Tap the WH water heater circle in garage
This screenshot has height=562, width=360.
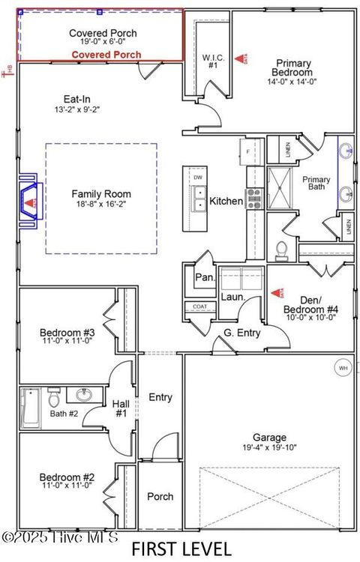(x=343, y=368)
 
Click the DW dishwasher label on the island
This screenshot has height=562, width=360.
(x=199, y=178)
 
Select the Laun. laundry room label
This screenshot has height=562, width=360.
(x=229, y=297)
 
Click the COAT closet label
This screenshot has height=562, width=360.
(x=199, y=306)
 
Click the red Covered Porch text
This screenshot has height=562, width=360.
(x=106, y=55)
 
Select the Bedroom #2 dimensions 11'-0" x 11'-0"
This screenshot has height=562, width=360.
(x=67, y=486)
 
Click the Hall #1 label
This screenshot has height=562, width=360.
(x=121, y=408)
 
